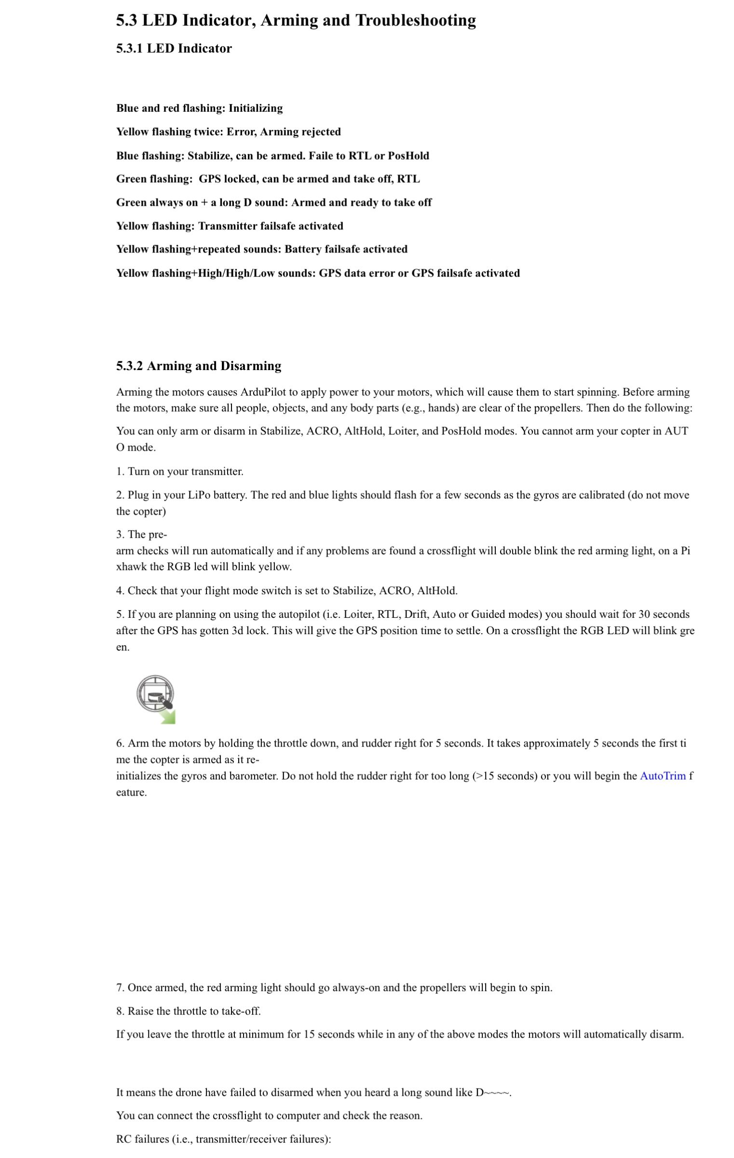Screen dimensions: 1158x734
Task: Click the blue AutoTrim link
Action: (662, 776)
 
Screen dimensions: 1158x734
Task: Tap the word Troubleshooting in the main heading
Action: (416, 20)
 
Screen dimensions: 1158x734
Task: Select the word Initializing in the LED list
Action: (256, 108)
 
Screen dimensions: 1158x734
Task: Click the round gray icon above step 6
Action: (155, 694)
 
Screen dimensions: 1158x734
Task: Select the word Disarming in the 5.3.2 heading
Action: (251, 366)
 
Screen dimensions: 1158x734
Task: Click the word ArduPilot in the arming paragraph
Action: (263, 392)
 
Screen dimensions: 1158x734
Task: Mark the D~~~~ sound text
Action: (493, 1092)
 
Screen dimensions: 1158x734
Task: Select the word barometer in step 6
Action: (248, 776)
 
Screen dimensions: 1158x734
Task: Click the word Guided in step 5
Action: (487, 614)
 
